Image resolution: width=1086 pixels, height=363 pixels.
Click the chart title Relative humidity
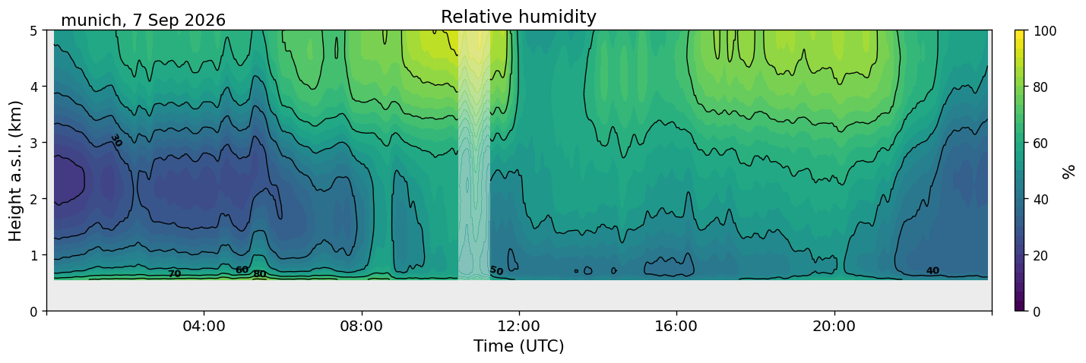point(518,17)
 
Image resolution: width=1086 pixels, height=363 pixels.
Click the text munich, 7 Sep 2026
point(143,21)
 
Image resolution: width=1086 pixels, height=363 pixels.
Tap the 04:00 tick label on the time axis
point(204,326)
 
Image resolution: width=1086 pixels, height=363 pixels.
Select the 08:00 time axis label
point(362,326)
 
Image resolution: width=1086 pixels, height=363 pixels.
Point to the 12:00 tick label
point(519,326)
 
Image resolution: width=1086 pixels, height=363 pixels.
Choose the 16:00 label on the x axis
point(676,326)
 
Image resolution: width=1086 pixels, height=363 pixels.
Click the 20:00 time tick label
point(834,326)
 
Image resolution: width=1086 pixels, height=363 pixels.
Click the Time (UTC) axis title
point(519,346)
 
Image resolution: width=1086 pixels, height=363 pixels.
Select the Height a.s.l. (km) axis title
point(15,171)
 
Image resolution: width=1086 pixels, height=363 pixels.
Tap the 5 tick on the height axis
point(33,31)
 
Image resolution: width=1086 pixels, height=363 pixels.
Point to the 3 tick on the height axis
point(33,143)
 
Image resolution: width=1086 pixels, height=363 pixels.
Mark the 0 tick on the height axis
point(33,311)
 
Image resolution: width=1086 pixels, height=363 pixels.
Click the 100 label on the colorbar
point(1045,31)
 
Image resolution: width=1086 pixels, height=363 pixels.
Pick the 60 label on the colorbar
point(1041,144)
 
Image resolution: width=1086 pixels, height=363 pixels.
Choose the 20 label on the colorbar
point(1041,256)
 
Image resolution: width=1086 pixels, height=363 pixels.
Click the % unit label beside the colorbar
point(1069,172)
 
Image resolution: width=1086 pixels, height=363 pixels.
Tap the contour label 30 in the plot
point(116,140)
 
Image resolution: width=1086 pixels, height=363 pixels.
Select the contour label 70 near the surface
point(175,274)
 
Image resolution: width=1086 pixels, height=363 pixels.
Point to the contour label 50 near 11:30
point(496,270)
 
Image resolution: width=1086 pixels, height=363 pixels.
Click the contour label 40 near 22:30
point(932,271)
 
